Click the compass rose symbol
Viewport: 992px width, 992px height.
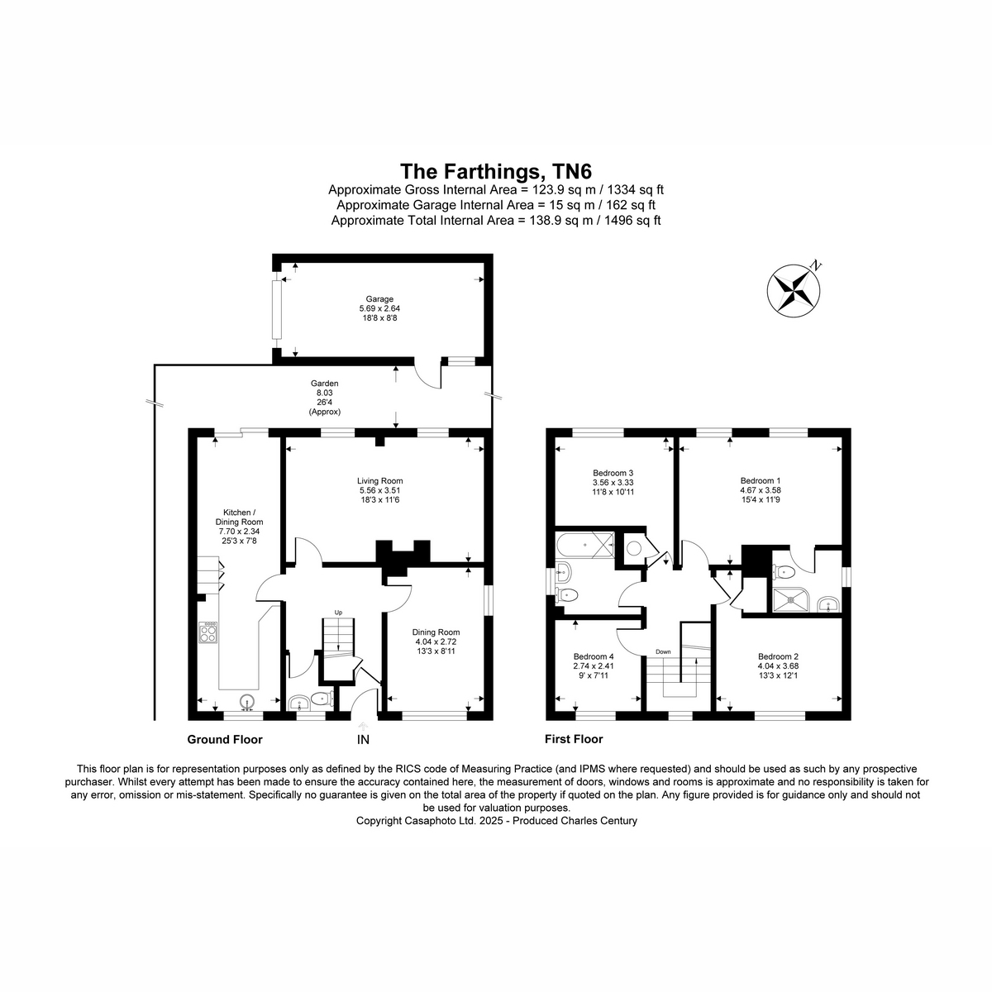click(x=793, y=290)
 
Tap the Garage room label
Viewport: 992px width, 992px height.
click(x=379, y=299)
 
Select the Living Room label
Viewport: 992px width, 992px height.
click(x=380, y=481)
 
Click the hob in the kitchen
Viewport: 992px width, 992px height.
click(x=208, y=632)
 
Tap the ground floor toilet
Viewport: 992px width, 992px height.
click(x=322, y=699)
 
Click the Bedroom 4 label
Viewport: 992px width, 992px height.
click(x=594, y=656)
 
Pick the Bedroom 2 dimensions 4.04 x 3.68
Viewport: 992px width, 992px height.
click(x=778, y=665)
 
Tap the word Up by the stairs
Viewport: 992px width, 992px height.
click(x=338, y=613)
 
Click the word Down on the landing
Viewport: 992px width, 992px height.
click(x=663, y=651)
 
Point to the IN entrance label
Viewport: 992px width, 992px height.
click(x=364, y=740)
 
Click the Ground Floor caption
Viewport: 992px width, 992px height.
click(x=225, y=740)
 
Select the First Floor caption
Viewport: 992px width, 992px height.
click(x=574, y=739)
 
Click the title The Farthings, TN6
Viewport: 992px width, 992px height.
click(x=496, y=171)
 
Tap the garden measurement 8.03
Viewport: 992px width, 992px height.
click(x=324, y=393)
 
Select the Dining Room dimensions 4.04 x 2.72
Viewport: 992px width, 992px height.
click(x=436, y=641)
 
